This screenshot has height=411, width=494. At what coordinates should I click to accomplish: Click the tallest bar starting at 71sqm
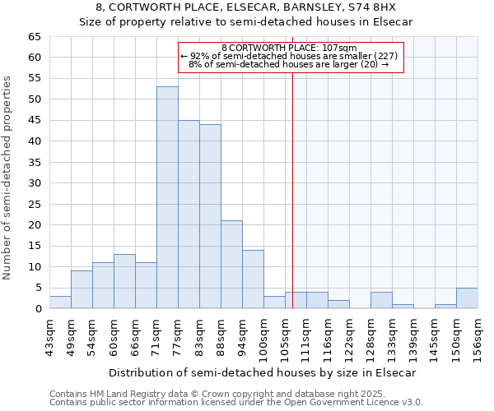167,197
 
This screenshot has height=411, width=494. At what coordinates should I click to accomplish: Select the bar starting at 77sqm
189,214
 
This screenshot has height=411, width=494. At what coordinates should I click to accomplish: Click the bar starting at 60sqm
124,281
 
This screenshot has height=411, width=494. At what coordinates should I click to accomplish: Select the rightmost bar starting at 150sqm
467,298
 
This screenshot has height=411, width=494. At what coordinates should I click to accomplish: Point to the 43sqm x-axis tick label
50,335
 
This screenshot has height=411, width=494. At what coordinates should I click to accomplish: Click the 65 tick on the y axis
34,37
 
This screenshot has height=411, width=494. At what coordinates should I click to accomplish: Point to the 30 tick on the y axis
34,183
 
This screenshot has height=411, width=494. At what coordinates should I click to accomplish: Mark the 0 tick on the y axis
37,309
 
